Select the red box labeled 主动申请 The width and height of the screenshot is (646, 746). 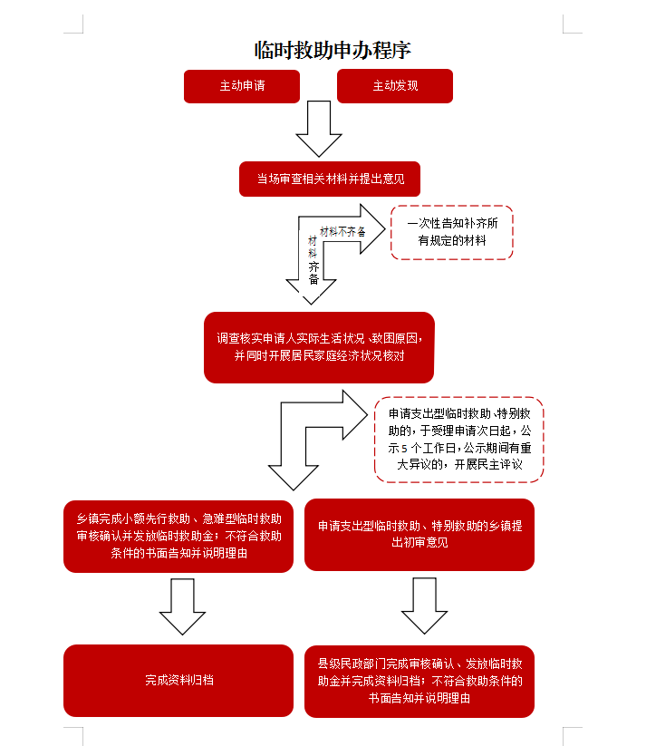tap(241, 86)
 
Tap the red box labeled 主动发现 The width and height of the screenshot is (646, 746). tap(394, 86)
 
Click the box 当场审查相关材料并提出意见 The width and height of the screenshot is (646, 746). tap(330, 179)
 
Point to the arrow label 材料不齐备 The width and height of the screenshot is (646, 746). tap(342, 232)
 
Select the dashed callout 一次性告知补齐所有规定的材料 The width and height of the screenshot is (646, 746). tap(452, 232)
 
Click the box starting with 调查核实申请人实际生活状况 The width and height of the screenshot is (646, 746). tap(319, 347)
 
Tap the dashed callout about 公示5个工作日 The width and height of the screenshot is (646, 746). tap(458, 439)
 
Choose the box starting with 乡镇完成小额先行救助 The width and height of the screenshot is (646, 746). tap(178, 536)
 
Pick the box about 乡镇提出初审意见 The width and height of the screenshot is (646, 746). tap(419, 535)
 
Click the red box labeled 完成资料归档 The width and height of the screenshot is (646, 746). tap(178, 681)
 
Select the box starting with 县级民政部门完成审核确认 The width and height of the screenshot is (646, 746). tap(419, 681)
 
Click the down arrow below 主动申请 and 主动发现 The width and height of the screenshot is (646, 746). tap(319, 129)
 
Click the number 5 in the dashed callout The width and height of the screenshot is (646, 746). tap(404, 448)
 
